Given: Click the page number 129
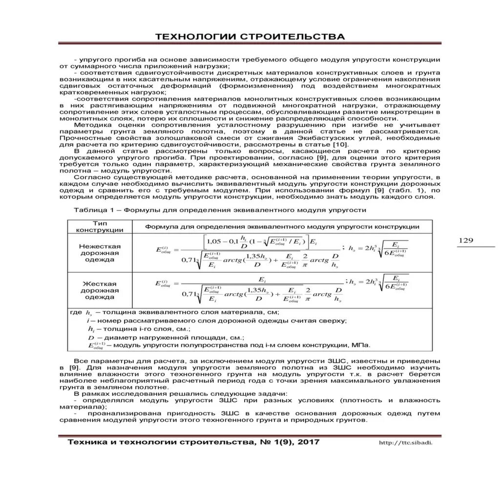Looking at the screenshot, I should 467,240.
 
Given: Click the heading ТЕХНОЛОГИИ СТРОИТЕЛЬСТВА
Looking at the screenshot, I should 250,37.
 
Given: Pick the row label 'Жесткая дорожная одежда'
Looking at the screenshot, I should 100,290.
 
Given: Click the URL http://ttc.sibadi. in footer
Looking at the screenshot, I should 406,443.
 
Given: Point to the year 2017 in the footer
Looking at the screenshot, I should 304,442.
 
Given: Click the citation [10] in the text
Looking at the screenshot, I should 340,145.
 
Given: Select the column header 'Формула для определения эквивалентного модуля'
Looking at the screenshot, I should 282,226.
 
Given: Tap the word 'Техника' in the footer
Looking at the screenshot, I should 84,442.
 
